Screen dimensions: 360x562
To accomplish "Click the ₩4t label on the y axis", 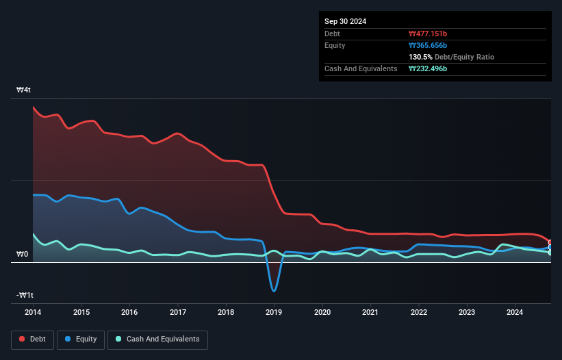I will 24,90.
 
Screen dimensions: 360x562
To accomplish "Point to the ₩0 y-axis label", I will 23,254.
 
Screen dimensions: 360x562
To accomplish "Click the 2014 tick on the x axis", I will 33,313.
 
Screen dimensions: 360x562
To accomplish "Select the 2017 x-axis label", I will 177,313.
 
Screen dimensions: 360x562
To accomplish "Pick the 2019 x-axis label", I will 274,313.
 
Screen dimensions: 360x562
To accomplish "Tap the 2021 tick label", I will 370,313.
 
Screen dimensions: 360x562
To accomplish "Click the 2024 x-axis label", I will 515,313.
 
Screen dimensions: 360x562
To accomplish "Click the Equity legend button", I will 81,339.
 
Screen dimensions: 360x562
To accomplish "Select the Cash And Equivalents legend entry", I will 157,339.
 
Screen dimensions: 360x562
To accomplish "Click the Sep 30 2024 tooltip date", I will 345,21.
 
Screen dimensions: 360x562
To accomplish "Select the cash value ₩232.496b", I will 431,68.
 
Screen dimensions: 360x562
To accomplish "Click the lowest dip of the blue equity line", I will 274,291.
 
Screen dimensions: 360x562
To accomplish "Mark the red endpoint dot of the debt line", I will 550,242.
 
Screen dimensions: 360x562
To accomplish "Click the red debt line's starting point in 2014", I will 33,107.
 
